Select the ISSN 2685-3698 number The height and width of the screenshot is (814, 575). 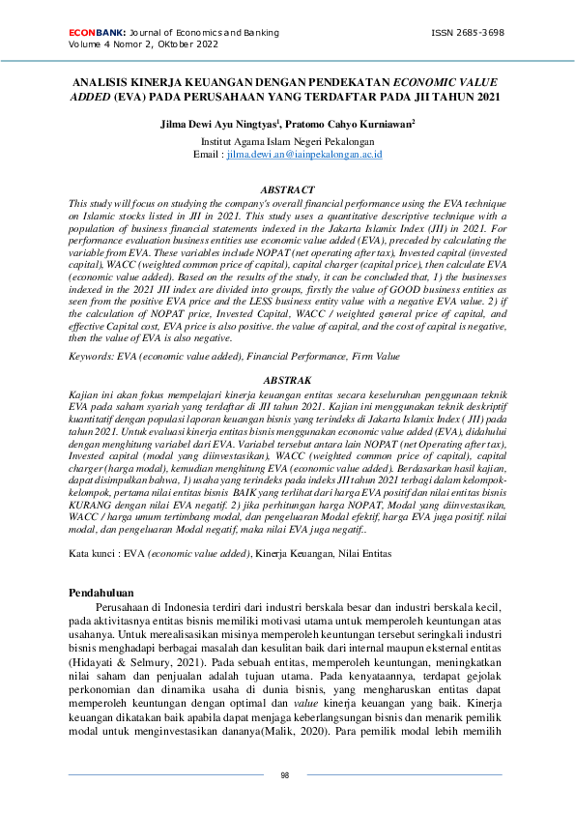[x=468, y=32]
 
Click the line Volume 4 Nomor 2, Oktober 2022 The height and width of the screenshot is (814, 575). [x=142, y=44]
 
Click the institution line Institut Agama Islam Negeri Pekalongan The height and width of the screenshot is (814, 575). [x=288, y=141]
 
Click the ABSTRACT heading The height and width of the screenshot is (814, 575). [x=288, y=190]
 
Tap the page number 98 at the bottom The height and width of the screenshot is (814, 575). [x=285, y=775]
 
